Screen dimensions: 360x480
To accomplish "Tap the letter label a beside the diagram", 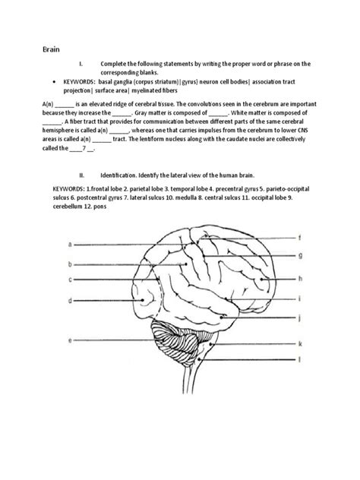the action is click(x=70, y=245).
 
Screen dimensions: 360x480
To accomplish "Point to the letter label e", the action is click(x=70, y=341).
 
